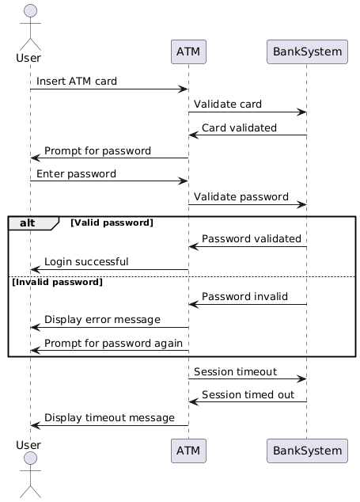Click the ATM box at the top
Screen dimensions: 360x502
(188, 52)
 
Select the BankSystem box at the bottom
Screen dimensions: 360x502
(307, 451)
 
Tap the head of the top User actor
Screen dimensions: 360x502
(30, 10)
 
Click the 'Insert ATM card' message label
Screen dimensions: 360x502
(77, 81)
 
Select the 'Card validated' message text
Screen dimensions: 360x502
(239, 127)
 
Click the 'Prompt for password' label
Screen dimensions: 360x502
(97, 150)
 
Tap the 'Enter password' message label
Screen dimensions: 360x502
(76, 174)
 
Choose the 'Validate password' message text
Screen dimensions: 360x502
(241, 196)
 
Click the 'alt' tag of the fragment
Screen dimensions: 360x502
(27, 222)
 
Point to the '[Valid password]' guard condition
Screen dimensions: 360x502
(112, 222)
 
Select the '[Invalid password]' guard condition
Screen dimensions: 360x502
(57, 282)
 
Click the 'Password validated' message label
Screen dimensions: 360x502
(252, 238)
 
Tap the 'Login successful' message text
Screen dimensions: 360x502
(86, 261)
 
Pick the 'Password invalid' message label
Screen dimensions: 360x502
(244, 296)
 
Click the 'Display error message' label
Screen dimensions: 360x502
(102, 320)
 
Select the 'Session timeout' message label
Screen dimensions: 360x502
(235, 371)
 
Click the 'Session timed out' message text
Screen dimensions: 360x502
(248, 395)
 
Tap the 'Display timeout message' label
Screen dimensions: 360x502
(109, 418)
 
